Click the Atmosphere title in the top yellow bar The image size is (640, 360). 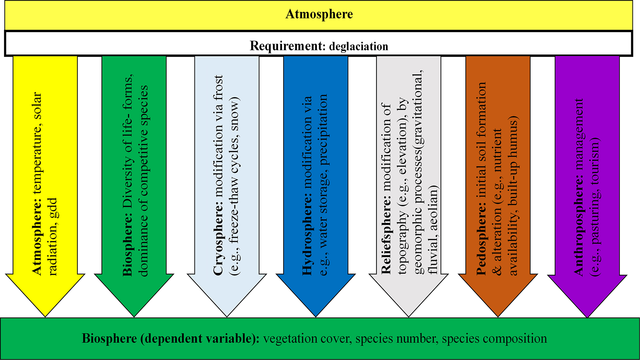tap(319, 14)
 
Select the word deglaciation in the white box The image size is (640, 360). tap(359, 46)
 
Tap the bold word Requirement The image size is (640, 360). tap(286, 46)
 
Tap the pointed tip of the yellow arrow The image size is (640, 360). tap(45, 316)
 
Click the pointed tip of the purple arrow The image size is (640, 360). tap(587, 316)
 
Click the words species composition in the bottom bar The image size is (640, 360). tap(494, 338)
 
